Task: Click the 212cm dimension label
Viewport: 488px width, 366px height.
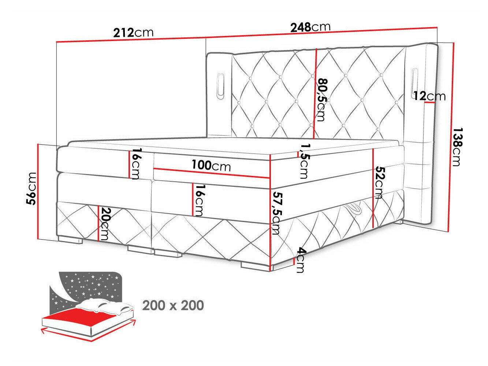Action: [x=133, y=33]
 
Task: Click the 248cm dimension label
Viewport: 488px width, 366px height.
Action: [x=310, y=27]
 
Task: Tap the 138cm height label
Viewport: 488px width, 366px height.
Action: [x=456, y=147]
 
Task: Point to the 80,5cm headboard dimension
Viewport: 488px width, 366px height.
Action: [x=321, y=99]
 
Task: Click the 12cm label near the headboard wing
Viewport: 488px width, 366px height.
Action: [x=429, y=96]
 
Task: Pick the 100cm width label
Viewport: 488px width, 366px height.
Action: [x=211, y=166]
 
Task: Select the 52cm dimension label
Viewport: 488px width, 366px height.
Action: [x=379, y=182]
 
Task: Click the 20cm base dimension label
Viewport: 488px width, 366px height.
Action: [x=105, y=223]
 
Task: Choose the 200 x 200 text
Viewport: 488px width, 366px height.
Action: [x=173, y=305]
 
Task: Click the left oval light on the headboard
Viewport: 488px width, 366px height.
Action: [x=221, y=85]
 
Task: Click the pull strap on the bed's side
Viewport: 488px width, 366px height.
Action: [x=353, y=210]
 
